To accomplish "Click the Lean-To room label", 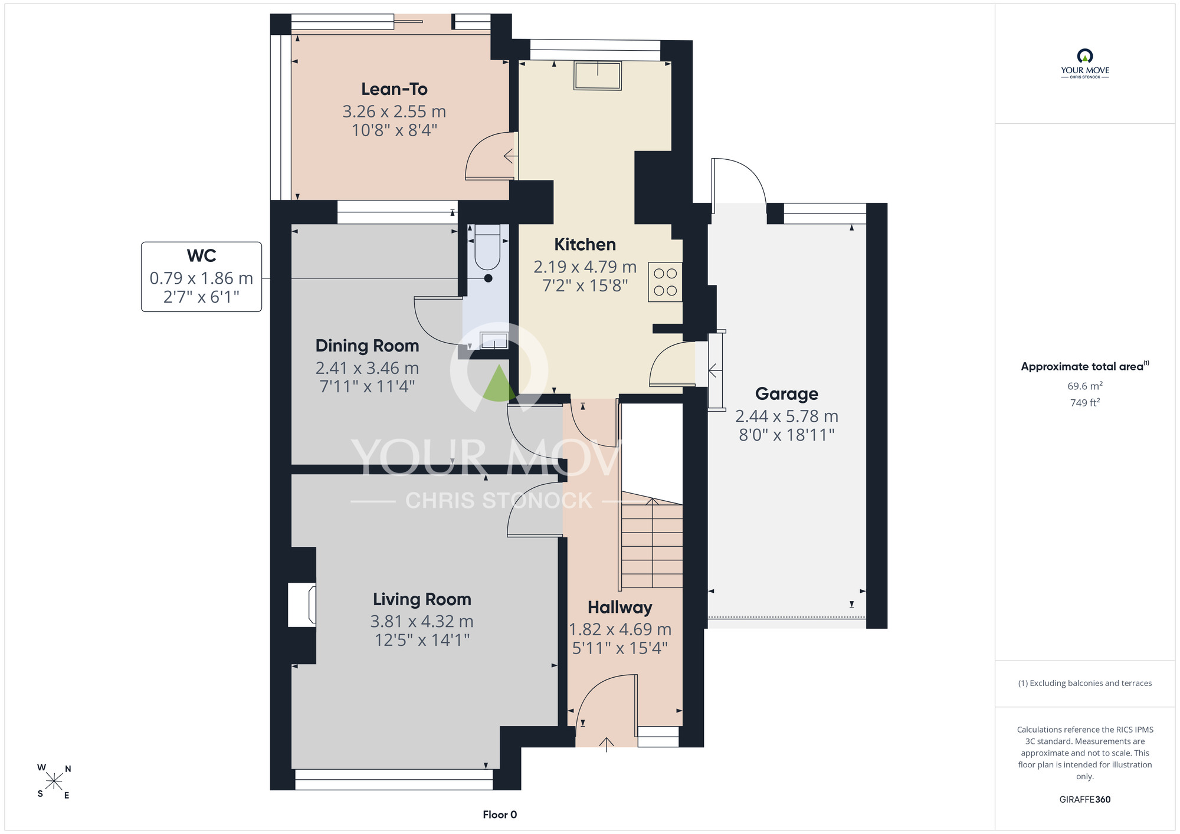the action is (394, 89).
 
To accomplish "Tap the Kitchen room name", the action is (585, 244).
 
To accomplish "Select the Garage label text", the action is (786, 394).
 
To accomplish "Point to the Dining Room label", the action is (367, 346).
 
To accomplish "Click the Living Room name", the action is (422, 599).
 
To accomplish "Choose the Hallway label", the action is (619, 608).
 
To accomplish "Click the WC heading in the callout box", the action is (201, 256).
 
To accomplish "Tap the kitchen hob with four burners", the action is (665, 282).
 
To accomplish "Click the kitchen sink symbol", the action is (598, 75).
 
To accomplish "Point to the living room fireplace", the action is (302, 605).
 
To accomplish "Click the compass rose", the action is (54, 782).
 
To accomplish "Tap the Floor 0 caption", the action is (500, 815).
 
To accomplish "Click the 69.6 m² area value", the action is (1085, 386).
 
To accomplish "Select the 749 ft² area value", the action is (1085, 403).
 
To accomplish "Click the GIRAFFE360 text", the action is (1085, 800).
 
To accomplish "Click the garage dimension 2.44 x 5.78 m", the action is (786, 416).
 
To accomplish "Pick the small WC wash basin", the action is (494, 341).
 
